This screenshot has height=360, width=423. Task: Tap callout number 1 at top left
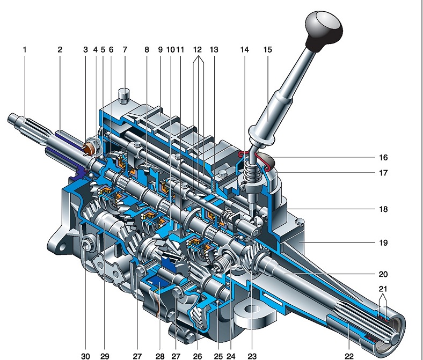tap(25, 49)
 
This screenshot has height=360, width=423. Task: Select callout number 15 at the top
tap(268, 49)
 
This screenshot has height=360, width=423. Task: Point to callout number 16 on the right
tap(383, 157)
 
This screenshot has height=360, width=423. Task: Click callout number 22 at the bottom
tap(349, 356)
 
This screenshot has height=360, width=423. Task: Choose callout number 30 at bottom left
tap(85, 356)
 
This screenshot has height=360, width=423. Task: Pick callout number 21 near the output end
tap(383, 289)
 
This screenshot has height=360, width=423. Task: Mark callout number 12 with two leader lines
tap(198, 49)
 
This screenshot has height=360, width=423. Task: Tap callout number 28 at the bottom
tap(160, 356)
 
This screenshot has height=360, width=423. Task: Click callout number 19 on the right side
tap(383, 243)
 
